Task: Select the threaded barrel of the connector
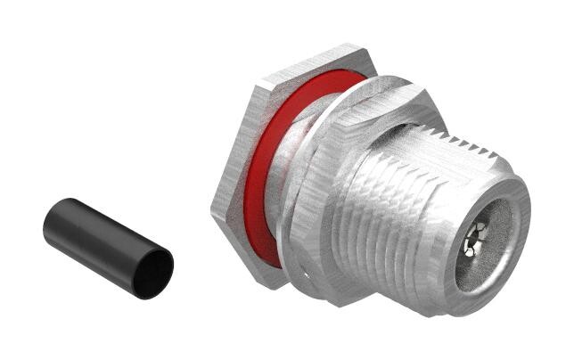401,205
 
